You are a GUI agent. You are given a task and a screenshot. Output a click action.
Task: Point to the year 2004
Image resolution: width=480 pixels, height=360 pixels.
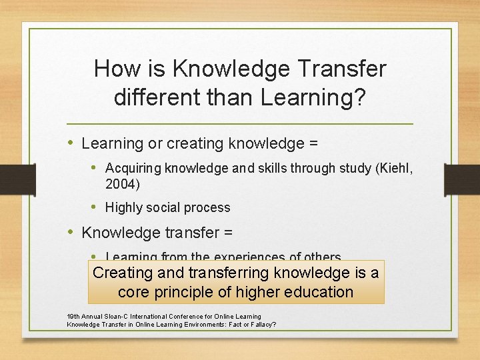click(121, 183)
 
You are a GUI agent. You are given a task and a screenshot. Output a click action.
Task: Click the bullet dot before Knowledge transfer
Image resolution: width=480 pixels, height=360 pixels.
click(71, 232)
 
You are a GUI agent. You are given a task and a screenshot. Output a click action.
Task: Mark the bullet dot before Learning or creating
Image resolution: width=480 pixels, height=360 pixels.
click(71, 143)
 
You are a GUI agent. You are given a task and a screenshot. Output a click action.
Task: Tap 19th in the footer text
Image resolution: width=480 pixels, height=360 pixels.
click(73, 317)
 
